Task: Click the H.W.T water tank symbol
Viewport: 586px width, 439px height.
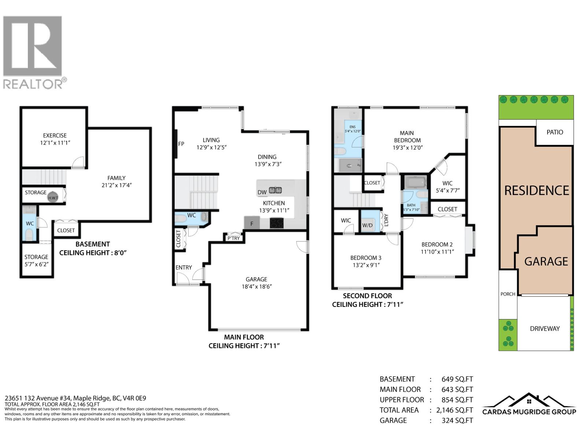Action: click(53, 197)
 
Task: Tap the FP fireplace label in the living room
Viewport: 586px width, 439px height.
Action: click(181, 144)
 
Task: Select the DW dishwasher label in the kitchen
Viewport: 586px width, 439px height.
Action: click(262, 192)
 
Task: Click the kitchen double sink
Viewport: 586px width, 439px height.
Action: click(275, 190)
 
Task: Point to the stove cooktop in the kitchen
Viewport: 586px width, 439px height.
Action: click(276, 223)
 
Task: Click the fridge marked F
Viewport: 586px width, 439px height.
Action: click(252, 223)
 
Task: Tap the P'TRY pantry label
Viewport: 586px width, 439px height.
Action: click(234, 238)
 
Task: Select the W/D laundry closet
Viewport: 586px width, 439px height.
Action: click(367, 222)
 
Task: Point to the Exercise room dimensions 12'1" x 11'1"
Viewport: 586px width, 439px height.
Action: click(55, 143)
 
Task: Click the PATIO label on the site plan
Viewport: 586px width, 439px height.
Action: click(555, 132)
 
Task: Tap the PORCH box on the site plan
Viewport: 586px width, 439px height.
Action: click(508, 294)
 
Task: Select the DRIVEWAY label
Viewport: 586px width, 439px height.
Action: click(545, 329)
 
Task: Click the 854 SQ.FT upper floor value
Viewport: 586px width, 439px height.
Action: click(457, 400)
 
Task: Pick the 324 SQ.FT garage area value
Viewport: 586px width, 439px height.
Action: click(457, 420)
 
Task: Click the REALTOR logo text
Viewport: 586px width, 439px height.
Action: click(33, 84)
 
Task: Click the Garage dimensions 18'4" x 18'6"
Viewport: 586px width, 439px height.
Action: click(256, 286)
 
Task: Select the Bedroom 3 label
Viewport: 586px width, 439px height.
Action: click(366, 258)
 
